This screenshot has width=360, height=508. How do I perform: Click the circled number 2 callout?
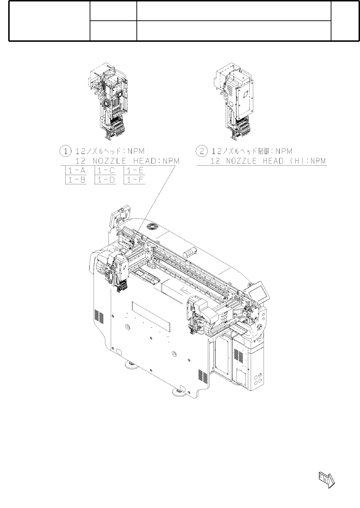coord(202,151)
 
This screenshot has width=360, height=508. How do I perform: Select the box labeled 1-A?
coord(76,170)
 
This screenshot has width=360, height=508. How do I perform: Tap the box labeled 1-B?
coord(76,180)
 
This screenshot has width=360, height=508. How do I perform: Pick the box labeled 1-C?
coord(105,170)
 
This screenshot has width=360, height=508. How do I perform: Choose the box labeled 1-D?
coord(105,180)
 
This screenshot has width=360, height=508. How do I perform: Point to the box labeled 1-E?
coord(134,170)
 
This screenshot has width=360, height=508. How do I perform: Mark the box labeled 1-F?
coord(134,180)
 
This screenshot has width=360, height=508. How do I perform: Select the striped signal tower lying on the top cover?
coord(190,251)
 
